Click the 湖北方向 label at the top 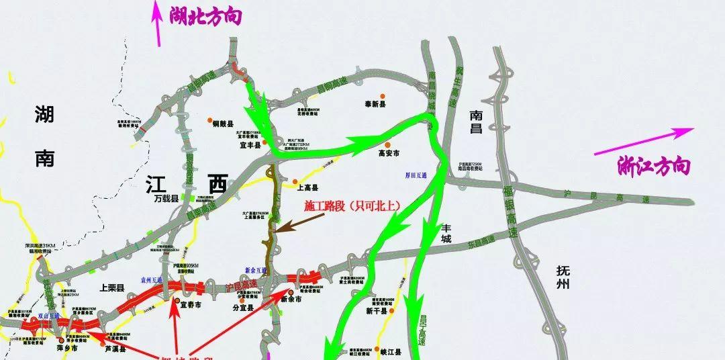tap(205, 15)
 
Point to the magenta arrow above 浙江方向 tap(644, 142)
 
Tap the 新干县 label tap(377, 312)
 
